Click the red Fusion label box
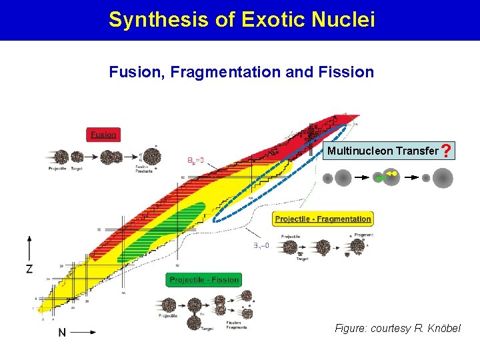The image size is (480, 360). (x=103, y=135)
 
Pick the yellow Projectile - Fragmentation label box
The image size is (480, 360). (x=323, y=219)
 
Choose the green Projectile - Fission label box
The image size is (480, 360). (x=203, y=280)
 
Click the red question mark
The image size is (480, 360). (x=447, y=152)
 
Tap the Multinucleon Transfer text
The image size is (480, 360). (x=383, y=151)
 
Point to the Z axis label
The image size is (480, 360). (x=29, y=269)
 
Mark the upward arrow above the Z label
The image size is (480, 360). (x=29, y=247)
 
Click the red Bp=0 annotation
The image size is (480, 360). (x=195, y=161)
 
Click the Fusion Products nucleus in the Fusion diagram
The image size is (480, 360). (x=151, y=156)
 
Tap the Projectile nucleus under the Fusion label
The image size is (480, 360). (x=61, y=157)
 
